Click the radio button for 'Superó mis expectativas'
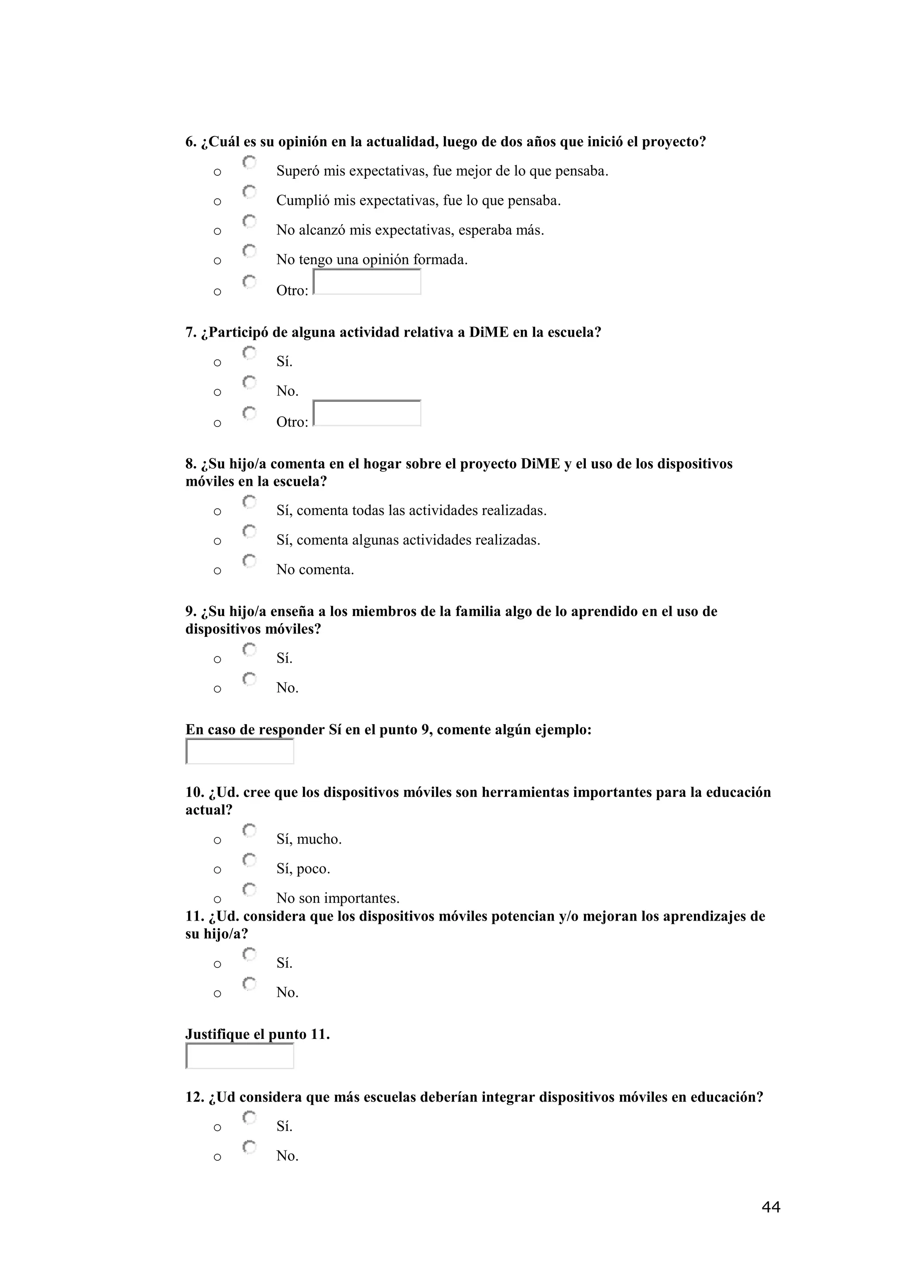(250, 163)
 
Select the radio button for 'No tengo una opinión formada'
(250, 251)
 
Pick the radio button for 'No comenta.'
(250, 561)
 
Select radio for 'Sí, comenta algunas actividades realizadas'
(250, 531)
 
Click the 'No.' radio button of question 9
(250, 679)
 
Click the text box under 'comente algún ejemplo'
(239, 752)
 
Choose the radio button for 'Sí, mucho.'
(250, 830)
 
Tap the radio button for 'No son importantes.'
(250, 890)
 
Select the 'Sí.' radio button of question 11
(250, 954)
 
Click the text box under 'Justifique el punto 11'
(239, 1056)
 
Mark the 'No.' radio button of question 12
(250, 1147)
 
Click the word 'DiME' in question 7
(488, 333)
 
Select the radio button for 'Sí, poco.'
(250, 860)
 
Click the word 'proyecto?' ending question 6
(673, 142)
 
